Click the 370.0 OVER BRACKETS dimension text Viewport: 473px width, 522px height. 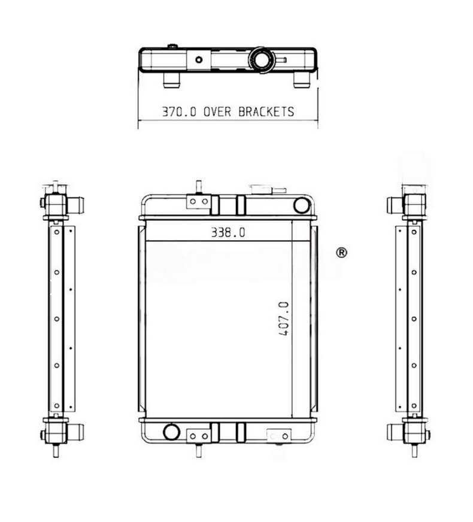(x=228, y=111)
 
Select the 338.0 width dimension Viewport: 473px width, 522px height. (x=228, y=233)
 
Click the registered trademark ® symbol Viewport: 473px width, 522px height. (x=342, y=253)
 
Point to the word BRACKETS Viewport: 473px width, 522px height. (x=266, y=111)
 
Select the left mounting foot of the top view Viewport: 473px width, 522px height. (x=172, y=80)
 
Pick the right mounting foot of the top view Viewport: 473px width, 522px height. (x=301, y=80)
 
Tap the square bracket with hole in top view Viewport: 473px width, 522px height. (x=199, y=59)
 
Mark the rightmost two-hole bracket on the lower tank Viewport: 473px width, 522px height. (x=279, y=435)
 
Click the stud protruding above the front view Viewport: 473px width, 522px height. (x=197, y=187)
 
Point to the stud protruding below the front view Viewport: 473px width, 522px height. (x=197, y=450)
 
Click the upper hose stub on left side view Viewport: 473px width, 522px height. (x=76, y=205)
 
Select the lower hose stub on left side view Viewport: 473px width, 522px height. (x=76, y=431)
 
